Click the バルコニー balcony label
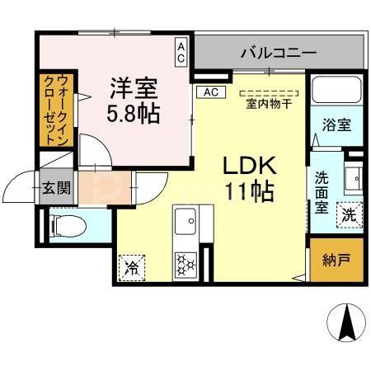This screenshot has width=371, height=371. click(x=278, y=53)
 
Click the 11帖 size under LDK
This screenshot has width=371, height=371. click(x=249, y=192)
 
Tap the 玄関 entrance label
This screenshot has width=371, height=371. click(x=57, y=188)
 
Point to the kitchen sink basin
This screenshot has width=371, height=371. click(x=185, y=220)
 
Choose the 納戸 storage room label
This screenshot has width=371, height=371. click(x=335, y=261)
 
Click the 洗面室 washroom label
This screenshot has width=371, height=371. click(x=322, y=191)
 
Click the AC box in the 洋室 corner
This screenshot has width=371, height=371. click(x=181, y=53)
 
